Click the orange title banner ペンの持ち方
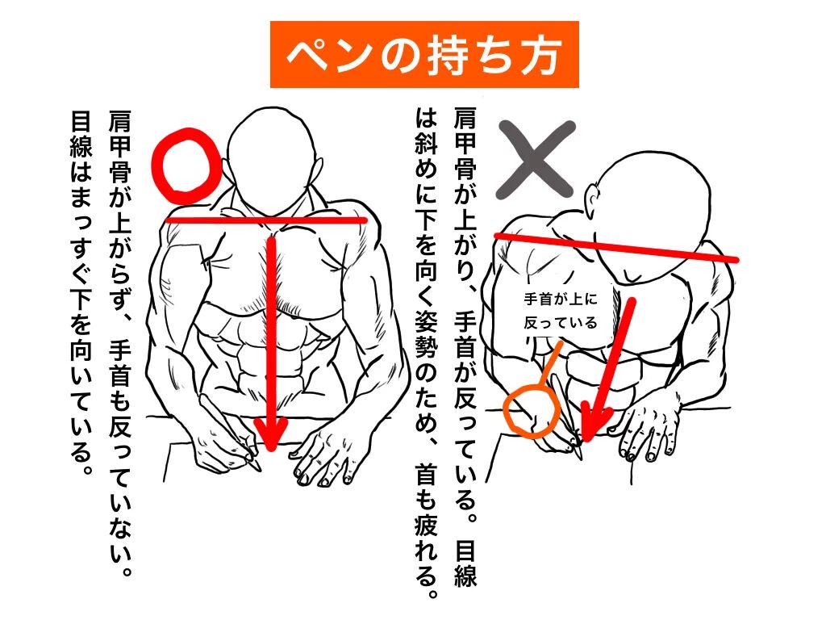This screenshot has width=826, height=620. pos(424,54)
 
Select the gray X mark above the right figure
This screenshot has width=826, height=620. pos(536,159)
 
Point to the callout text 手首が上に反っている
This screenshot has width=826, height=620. pos(561,311)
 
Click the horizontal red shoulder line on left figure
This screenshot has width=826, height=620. pos(266,220)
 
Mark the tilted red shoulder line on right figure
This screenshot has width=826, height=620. pos(615,247)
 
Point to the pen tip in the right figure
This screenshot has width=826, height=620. pos(579,454)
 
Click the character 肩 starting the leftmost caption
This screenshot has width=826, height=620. pos(120,123)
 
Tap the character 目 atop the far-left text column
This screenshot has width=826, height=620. pos(81,123)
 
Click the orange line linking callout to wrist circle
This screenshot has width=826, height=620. pos(550,364)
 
